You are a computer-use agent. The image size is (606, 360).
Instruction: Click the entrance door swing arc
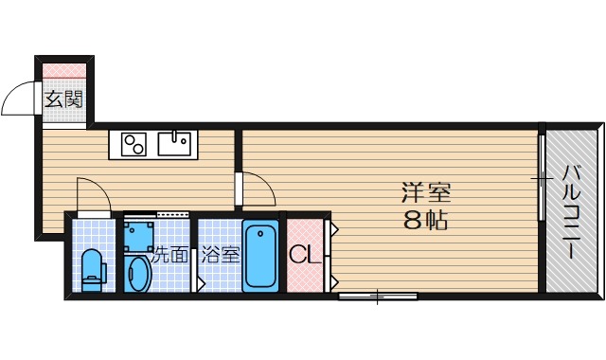coord(19,99)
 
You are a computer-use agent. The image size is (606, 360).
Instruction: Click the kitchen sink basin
coord(174,144)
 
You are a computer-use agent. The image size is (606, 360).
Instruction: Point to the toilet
coord(92,267)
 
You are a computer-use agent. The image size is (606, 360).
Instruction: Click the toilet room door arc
coord(95,193)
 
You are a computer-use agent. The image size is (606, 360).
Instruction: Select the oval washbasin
coord(138,273)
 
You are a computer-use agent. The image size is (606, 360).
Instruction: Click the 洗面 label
coord(171,254)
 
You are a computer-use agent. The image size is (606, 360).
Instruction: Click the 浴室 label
coord(220,254)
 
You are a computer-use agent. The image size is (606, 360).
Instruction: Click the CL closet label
coord(302,255)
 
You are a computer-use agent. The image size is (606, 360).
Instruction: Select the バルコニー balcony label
coord(572,213)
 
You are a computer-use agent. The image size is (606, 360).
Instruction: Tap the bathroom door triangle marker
coord(200,282)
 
